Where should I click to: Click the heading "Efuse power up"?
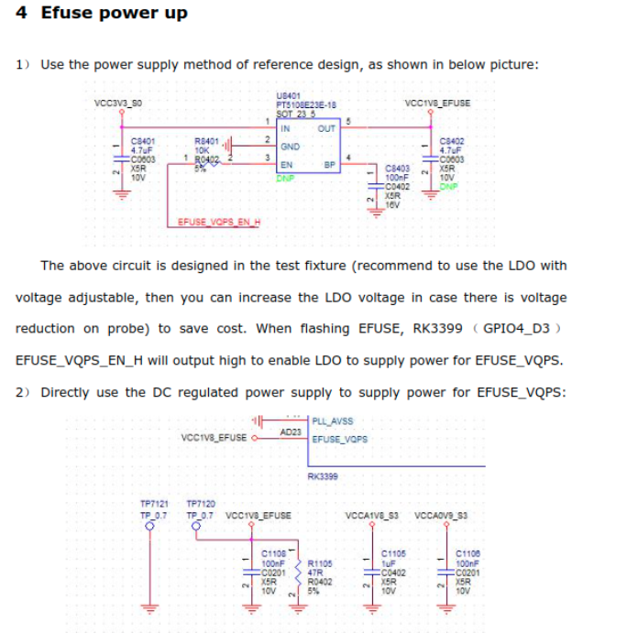(114, 13)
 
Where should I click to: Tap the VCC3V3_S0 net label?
(118, 103)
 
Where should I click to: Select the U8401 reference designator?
(286, 95)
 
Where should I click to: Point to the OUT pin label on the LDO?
(325, 129)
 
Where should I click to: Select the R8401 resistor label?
(206, 141)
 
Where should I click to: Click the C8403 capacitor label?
(396, 169)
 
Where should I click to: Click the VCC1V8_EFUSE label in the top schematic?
(443, 103)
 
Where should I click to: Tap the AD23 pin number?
(291, 431)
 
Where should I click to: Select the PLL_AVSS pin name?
(333, 421)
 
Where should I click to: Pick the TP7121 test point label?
(153, 503)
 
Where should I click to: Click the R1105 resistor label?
(319, 562)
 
